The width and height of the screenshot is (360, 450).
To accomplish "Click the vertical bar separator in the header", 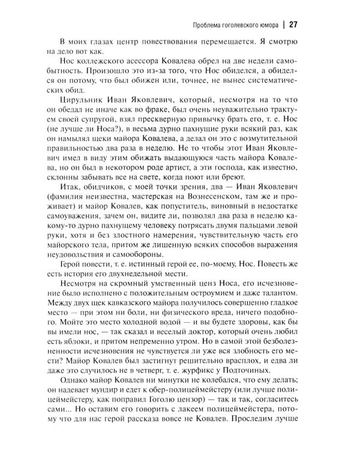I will pos(281,25).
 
